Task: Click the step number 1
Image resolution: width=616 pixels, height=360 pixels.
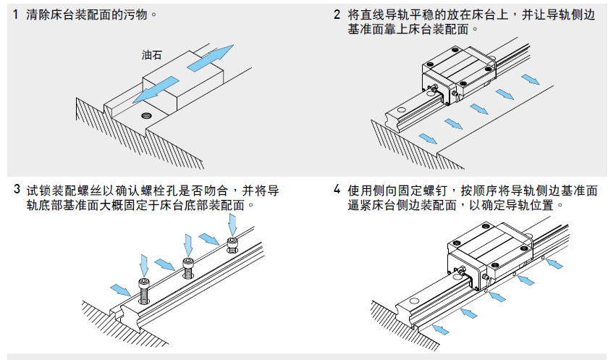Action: click(x=16, y=14)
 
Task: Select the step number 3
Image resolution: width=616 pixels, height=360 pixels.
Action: click(x=17, y=191)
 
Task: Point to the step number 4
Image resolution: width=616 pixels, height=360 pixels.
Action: click(x=337, y=191)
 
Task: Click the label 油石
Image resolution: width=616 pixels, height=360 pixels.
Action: click(x=152, y=54)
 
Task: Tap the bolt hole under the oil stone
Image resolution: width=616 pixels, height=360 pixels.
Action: click(x=147, y=115)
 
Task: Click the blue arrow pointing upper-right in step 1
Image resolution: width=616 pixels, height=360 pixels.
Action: click(x=211, y=57)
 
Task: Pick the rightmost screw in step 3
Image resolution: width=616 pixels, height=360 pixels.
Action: click(x=232, y=246)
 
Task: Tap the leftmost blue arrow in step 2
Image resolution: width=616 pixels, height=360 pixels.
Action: click(x=428, y=138)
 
